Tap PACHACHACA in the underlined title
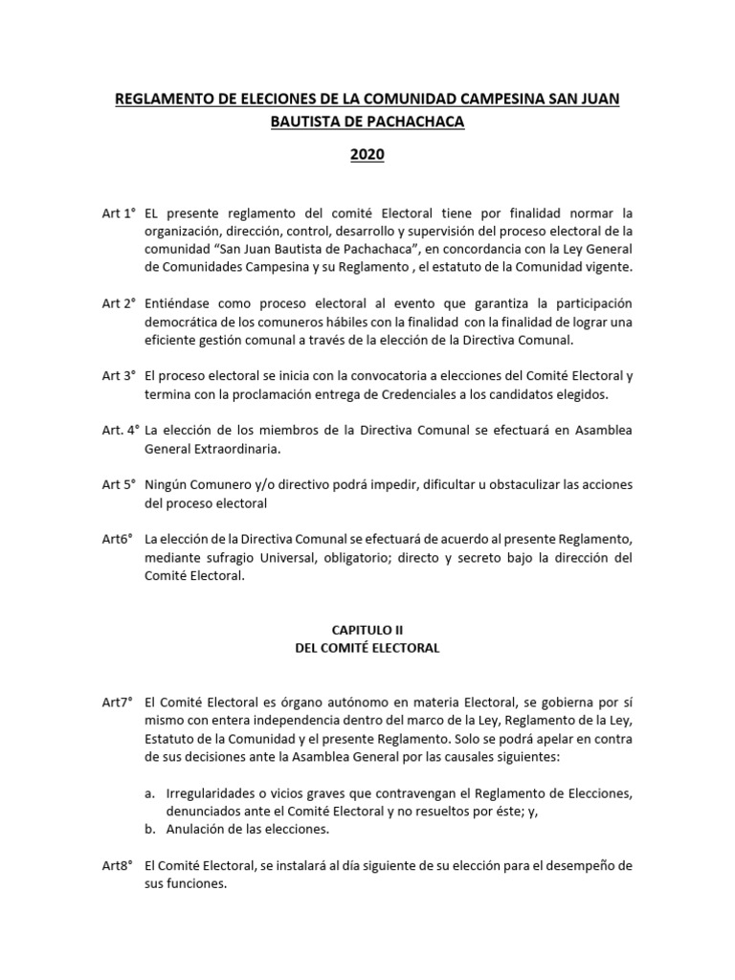pos(416,126)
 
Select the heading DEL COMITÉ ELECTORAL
pos(367,648)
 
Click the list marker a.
pos(148,793)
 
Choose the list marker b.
pos(148,830)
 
